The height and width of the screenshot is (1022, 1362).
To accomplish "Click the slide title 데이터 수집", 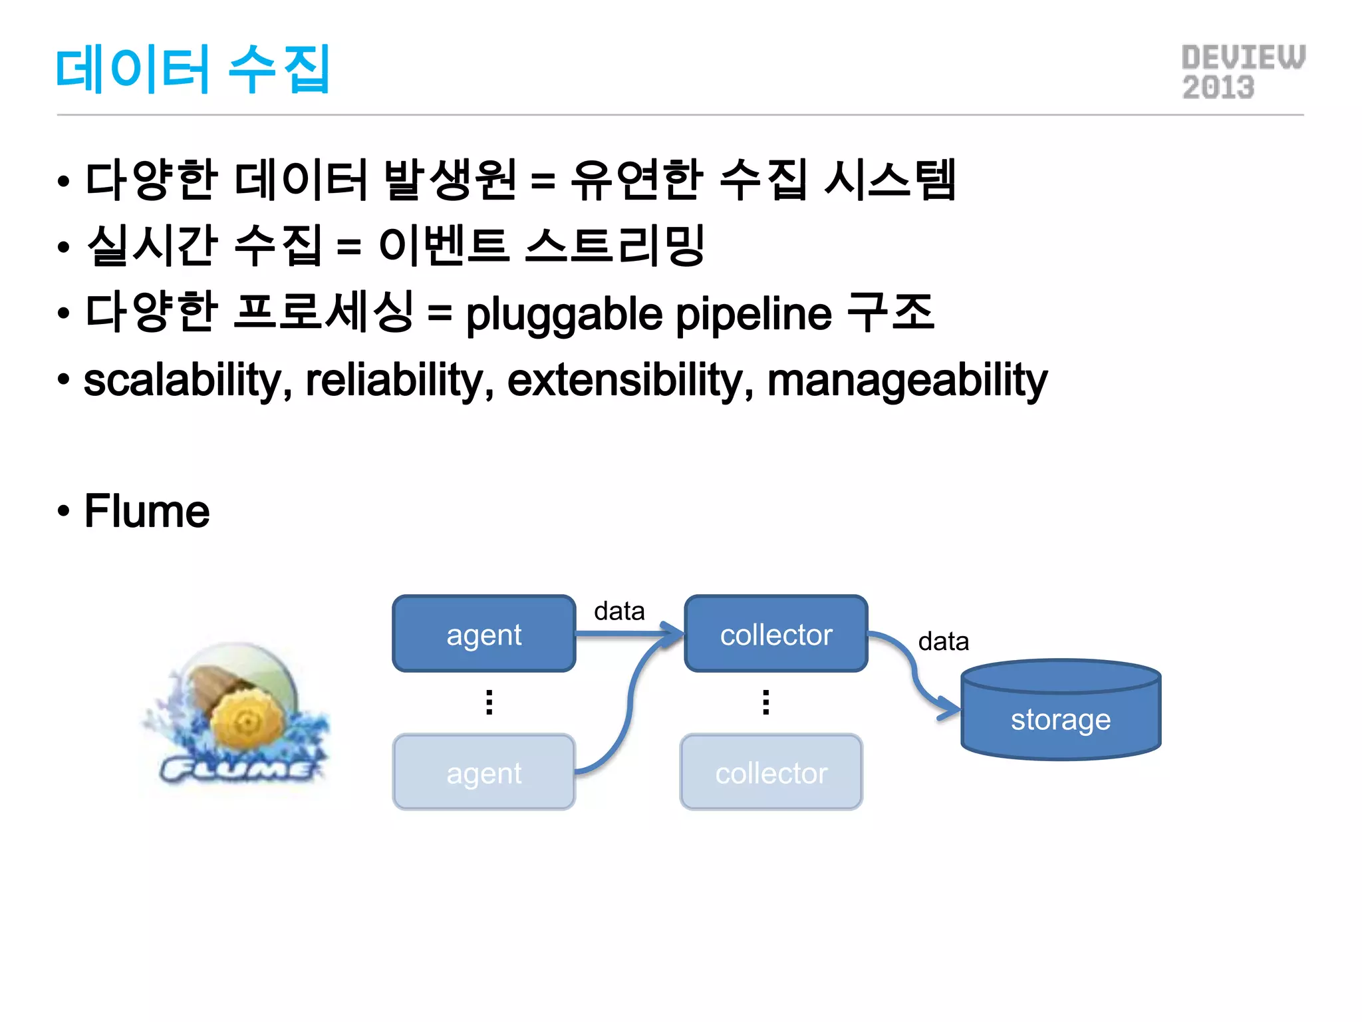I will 192,69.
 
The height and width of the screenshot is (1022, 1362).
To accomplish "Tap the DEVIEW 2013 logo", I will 1242,73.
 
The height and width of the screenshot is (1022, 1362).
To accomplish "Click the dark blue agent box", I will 484,634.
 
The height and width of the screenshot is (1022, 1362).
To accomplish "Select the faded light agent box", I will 484,772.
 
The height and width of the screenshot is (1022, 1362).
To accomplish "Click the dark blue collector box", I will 776,634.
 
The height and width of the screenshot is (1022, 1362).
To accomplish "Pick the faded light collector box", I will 771,772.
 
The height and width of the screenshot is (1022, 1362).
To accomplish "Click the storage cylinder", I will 1061,712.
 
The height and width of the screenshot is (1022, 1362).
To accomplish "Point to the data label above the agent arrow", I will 619,611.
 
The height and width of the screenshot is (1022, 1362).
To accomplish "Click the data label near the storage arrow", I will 943,641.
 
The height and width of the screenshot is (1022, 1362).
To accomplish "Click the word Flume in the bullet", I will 147,511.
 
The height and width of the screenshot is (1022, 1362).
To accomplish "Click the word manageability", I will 907,381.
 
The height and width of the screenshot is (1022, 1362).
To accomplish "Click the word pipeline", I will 754,314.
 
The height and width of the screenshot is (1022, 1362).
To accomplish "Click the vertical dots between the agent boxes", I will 489,702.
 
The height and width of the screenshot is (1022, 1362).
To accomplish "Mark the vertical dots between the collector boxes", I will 766,702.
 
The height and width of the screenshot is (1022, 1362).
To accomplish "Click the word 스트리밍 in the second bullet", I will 614,246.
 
